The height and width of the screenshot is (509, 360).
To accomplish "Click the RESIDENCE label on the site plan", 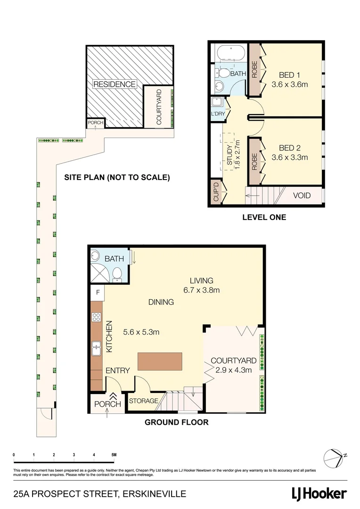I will (115, 84).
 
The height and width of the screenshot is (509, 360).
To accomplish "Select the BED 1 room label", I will (289, 75).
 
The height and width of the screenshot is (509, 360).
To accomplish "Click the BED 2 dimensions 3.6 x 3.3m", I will (289, 157).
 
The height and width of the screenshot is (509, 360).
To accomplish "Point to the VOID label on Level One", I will (302, 195).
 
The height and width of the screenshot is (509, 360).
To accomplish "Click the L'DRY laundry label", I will (218, 114).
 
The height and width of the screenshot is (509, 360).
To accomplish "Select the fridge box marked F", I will (97, 292).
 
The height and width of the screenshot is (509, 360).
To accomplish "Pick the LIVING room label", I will (202, 280).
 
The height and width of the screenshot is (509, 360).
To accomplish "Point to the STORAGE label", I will (144, 401).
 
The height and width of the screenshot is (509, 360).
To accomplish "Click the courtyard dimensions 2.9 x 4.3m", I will (233, 370).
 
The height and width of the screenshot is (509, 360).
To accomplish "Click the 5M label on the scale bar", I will (114, 455).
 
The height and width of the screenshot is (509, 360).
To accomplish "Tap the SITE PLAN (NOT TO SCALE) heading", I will (117, 178).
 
